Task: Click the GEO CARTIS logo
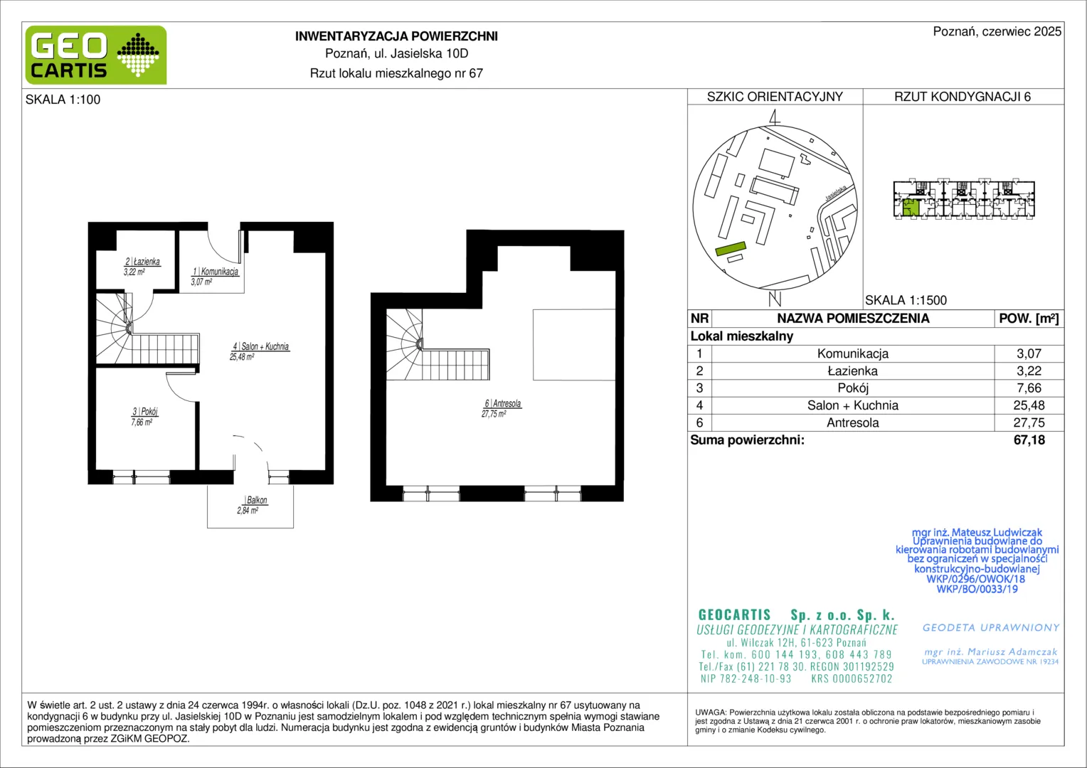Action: [96, 55]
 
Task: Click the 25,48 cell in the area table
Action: [1029, 405]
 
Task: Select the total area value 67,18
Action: [1029, 440]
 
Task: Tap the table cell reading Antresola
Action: [853, 422]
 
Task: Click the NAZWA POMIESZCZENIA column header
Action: [853, 319]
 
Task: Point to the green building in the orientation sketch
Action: [731, 249]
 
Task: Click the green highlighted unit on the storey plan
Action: [911, 208]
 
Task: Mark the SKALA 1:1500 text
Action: [906, 300]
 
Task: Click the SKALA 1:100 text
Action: [63, 100]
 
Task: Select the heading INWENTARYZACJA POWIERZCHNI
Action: [396, 36]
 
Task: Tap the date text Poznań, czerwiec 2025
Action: [997, 31]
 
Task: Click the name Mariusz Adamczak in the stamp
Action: [1012, 651]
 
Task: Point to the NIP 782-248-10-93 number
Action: [746, 678]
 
